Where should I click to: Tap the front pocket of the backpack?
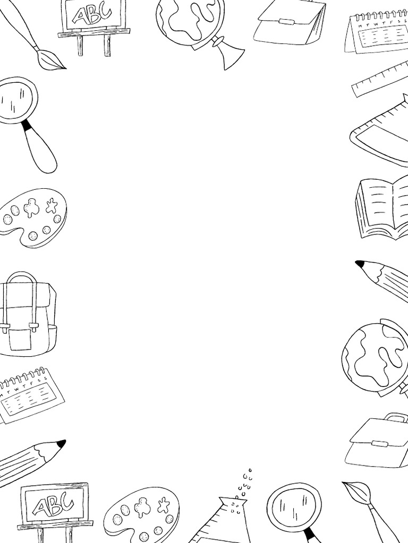point(20,339)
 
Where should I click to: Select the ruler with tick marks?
point(379,80)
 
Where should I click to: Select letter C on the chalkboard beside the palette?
point(67,500)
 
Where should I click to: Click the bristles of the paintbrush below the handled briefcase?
point(355,491)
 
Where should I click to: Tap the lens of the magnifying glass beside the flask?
point(294,507)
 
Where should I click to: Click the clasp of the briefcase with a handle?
point(379,443)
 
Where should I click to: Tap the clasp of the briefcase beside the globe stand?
point(287,22)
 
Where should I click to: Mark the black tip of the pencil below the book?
point(360,263)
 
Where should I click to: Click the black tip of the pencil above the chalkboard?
point(61,443)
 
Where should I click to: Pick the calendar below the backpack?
point(29,395)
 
